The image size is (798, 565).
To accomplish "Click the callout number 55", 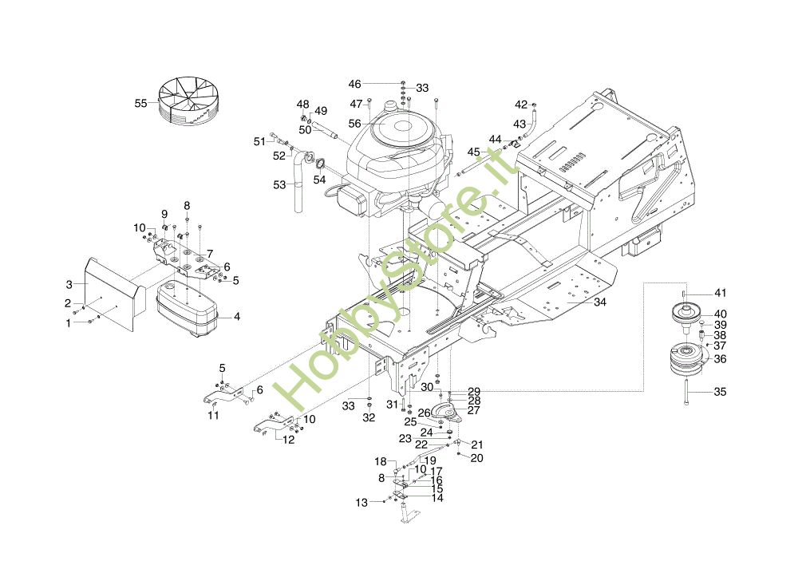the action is coord(140,103).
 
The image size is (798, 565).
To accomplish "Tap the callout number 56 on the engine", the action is coord(355,124).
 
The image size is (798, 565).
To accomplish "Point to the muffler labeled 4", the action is coord(187,310).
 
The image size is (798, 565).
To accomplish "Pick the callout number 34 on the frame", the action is coord(600,302).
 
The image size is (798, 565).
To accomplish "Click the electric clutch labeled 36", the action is coord(688,359).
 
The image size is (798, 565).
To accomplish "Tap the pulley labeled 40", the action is coord(686,314).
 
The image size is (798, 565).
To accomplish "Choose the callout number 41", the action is coord(720,293).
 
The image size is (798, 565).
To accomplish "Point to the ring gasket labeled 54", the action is coord(320,164).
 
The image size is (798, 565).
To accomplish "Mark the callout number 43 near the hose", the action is coord(519,124).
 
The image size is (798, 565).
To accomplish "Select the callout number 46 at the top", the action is coord(355,84).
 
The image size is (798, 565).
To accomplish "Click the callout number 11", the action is coord(213,415).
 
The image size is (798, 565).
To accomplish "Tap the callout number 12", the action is coord(289,439).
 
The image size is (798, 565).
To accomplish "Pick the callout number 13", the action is coord(361,503).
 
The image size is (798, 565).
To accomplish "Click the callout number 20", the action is coord(477,458).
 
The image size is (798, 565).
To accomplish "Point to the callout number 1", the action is coord(69,323).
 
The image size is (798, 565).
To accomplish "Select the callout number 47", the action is coord(356,105).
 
